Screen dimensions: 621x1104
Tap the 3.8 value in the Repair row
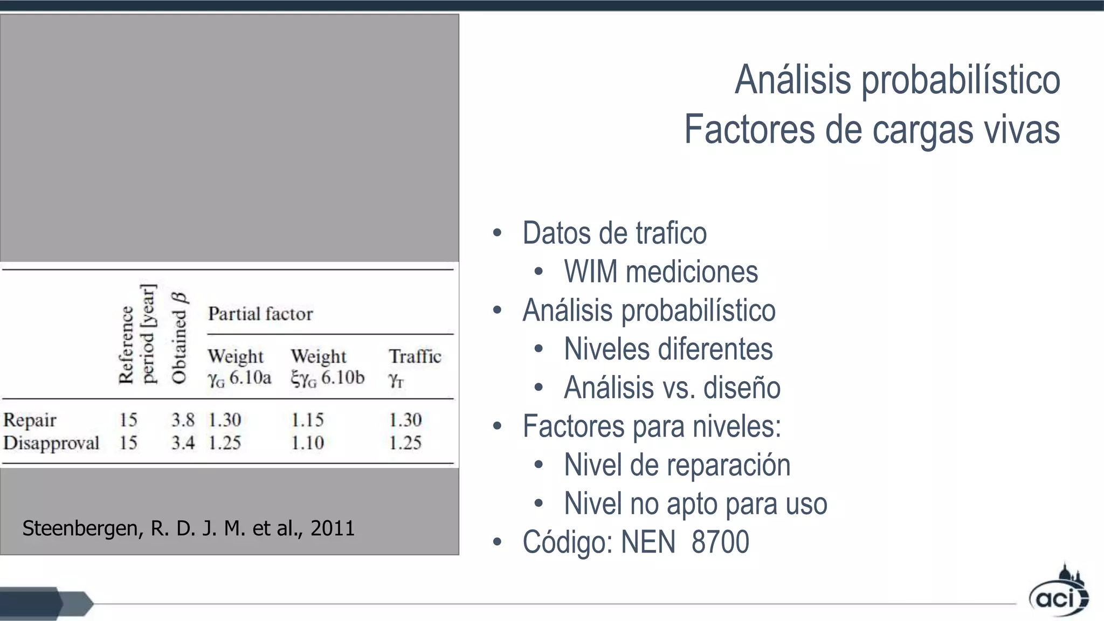click(x=183, y=420)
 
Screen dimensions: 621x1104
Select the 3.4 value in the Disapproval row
click(x=183, y=443)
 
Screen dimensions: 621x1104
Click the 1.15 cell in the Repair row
click(x=307, y=420)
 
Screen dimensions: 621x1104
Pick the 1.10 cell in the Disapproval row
click(x=307, y=443)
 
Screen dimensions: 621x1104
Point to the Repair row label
click(x=30, y=420)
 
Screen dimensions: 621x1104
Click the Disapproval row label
click(x=51, y=443)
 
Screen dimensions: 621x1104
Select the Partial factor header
click(x=260, y=314)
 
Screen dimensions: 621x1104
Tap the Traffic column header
click(x=415, y=356)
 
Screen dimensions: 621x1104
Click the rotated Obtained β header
click(x=178, y=338)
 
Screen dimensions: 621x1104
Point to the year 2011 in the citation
click(x=333, y=528)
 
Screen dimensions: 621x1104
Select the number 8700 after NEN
click(x=720, y=542)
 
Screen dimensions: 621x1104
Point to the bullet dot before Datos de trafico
click(x=497, y=233)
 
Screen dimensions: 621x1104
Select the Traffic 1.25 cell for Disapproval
click(x=405, y=443)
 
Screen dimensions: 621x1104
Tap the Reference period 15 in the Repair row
click(x=128, y=420)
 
